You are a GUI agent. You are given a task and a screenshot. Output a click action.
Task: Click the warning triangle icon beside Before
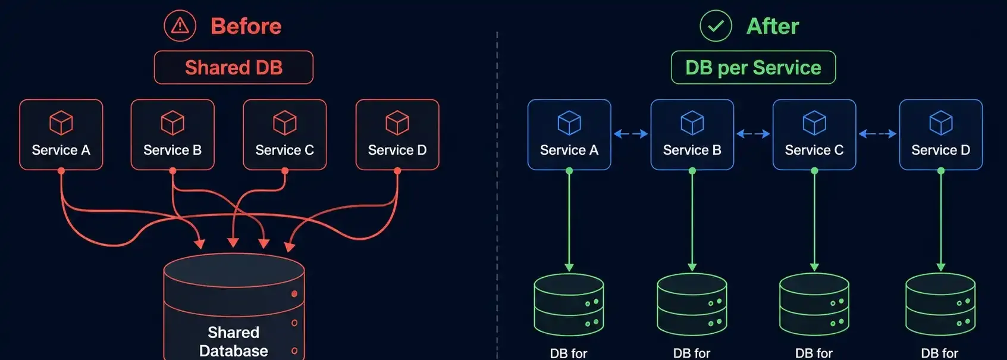pyautogui.click(x=180, y=26)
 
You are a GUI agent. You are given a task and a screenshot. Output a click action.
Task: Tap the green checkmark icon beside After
pyautogui.click(x=716, y=26)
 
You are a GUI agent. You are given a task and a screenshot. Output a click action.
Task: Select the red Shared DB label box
pyautogui.click(x=234, y=67)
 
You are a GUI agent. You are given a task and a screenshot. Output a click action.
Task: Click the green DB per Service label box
pyautogui.click(x=754, y=67)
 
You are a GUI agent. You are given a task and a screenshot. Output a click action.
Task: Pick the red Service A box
pyautogui.click(x=61, y=134)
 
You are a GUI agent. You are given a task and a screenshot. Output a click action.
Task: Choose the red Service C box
pyautogui.click(x=284, y=134)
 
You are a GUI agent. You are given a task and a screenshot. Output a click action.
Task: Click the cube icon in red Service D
pyautogui.click(x=397, y=123)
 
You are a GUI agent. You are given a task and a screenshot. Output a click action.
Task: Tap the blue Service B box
pyautogui.click(x=692, y=134)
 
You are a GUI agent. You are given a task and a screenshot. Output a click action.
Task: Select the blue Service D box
pyautogui.click(x=941, y=134)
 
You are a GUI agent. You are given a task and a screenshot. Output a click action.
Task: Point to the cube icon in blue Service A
pyautogui.click(x=569, y=123)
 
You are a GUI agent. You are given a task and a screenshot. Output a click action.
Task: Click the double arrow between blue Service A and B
pyautogui.click(x=630, y=134)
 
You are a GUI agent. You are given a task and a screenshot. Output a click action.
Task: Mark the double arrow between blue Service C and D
pyautogui.click(x=877, y=134)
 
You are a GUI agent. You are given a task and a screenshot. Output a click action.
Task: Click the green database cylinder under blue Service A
pyautogui.click(x=569, y=305)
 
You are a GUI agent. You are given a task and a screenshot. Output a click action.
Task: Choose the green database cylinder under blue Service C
pyautogui.click(x=814, y=305)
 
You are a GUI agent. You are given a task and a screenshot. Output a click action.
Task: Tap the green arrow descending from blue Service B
pyautogui.click(x=692, y=221)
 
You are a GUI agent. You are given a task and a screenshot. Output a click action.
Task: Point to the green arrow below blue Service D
pyautogui.click(x=941, y=221)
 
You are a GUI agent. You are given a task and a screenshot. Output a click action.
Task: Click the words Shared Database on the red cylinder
pyautogui.click(x=234, y=342)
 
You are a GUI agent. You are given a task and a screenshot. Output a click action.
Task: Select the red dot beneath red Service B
pyautogui.click(x=172, y=171)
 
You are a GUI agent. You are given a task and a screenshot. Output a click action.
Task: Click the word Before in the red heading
pyautogui.click(x=246, y=26)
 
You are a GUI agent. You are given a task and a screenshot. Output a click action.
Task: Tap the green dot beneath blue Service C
pyautogui.click(x=814, y=171)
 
